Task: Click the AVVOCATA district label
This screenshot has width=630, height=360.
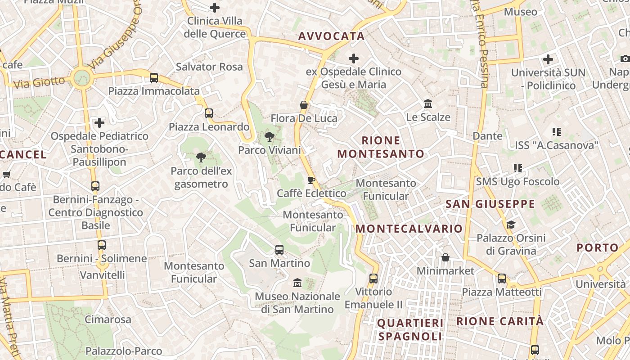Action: coord(331,36)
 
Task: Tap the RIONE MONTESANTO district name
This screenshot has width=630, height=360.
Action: coord(381,147)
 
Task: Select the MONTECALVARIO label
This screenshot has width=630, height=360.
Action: coord(409,229)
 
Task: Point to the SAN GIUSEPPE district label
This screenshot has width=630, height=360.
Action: coord(490,204)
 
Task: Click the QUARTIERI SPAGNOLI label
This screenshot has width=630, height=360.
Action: coord(410,330)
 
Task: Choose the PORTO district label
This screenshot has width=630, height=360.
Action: coord(598,248)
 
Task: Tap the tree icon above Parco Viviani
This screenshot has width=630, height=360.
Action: coord(270,137)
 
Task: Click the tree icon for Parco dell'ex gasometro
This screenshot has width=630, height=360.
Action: coord(201,157)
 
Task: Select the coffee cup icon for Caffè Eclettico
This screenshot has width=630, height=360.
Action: coord(311,180)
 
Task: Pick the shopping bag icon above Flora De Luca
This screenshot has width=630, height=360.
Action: coord(304,105)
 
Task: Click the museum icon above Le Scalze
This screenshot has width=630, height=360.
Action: coord(428,104)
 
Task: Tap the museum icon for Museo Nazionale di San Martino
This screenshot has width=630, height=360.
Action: coord(297,283)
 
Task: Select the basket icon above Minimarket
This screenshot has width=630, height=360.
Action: coord(445,257)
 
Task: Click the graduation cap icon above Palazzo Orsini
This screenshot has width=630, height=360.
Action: coord(511,224)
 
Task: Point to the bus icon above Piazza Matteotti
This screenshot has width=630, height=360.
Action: coord(502,279)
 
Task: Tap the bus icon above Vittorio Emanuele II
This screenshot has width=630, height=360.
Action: coord(373,278)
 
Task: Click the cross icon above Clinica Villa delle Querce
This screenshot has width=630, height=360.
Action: coord(215,7)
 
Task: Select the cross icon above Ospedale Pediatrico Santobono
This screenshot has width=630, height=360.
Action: coord(99,122)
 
